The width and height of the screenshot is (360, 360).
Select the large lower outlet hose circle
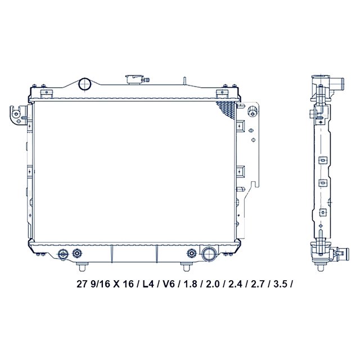[x=209, y=254]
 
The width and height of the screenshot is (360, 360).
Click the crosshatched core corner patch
[x=226, y=110]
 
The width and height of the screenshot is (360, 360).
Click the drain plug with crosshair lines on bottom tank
[x=63, y=254]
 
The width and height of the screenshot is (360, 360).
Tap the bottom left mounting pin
[x=83, y=267]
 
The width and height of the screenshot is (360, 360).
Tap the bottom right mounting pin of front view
[x=186, y=267]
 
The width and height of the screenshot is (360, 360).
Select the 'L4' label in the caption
[x=147, y=284]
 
